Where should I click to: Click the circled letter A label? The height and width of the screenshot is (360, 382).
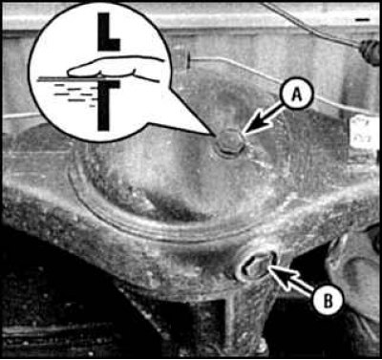pyautogui.click(x=297, y=94)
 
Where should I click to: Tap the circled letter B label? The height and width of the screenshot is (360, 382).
pyautogui.click(x=328, y=300)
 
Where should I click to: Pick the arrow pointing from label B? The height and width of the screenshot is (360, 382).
pyautogui.click(x=291, y=279)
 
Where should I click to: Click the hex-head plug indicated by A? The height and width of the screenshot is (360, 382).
pyautogui.click(x=230, y=143)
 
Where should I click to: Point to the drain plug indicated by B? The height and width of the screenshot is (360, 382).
pyautogui.click(x=257, y=266)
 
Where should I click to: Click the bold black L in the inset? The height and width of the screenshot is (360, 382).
pyautogui.click(x=108, y=32)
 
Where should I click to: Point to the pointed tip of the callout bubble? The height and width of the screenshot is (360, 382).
pyautogui.click(x=213, y=135)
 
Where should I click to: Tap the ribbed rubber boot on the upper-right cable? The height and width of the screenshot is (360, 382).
pyautogui.click(x=370, y=51)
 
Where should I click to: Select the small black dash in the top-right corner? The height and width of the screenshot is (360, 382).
pyautogui.click(x=363, y=20)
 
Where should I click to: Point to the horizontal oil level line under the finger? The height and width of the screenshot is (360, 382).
pyautogui.click(x=98, y=78)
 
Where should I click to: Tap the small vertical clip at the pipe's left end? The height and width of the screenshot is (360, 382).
pyautogui.click(x=188, y=61)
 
